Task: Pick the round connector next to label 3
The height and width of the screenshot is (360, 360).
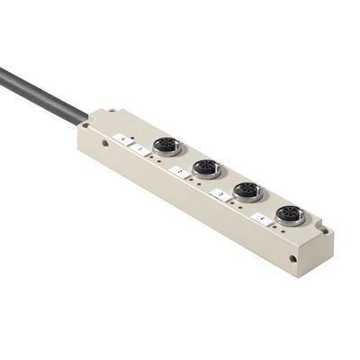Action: click(247, 190)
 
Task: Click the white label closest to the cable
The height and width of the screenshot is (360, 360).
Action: click(121, 138)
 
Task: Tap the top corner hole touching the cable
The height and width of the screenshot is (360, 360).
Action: click(98, 117)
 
